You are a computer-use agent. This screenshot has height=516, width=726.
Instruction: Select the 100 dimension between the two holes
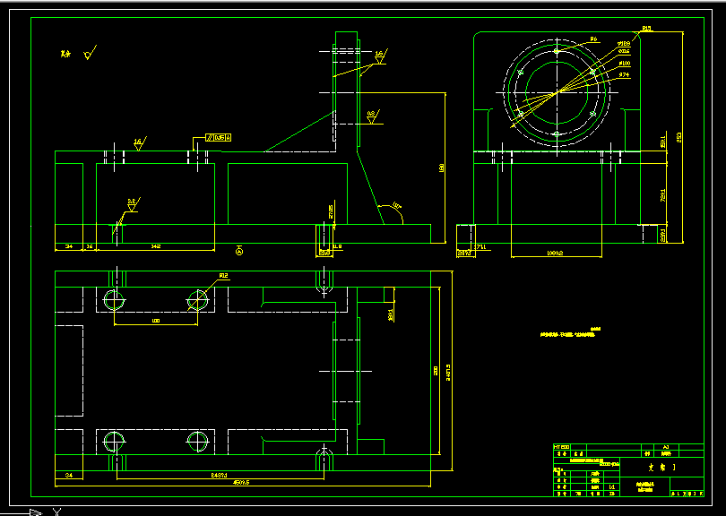(x=155, y=320)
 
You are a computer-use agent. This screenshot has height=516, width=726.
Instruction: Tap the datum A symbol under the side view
(x=239, y=251)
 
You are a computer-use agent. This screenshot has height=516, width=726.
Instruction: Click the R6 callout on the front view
(x=593, y=39)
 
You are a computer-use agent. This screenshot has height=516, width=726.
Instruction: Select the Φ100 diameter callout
(x=625, y=64)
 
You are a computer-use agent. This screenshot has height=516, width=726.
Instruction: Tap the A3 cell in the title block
(x=666, y=446)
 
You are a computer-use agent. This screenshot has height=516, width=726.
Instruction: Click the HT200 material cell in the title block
(x=562, y=446)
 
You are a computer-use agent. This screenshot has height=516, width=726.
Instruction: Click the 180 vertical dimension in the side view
(x=442, y=168)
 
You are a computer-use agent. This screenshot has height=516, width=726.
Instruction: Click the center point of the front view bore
(x=557, y=91)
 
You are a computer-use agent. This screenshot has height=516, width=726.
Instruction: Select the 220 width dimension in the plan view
(x=436, y=369)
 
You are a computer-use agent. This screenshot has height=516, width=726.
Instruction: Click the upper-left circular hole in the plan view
(x=114, y=299)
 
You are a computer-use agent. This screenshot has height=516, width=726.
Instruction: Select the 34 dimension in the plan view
(x=69, y=474)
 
